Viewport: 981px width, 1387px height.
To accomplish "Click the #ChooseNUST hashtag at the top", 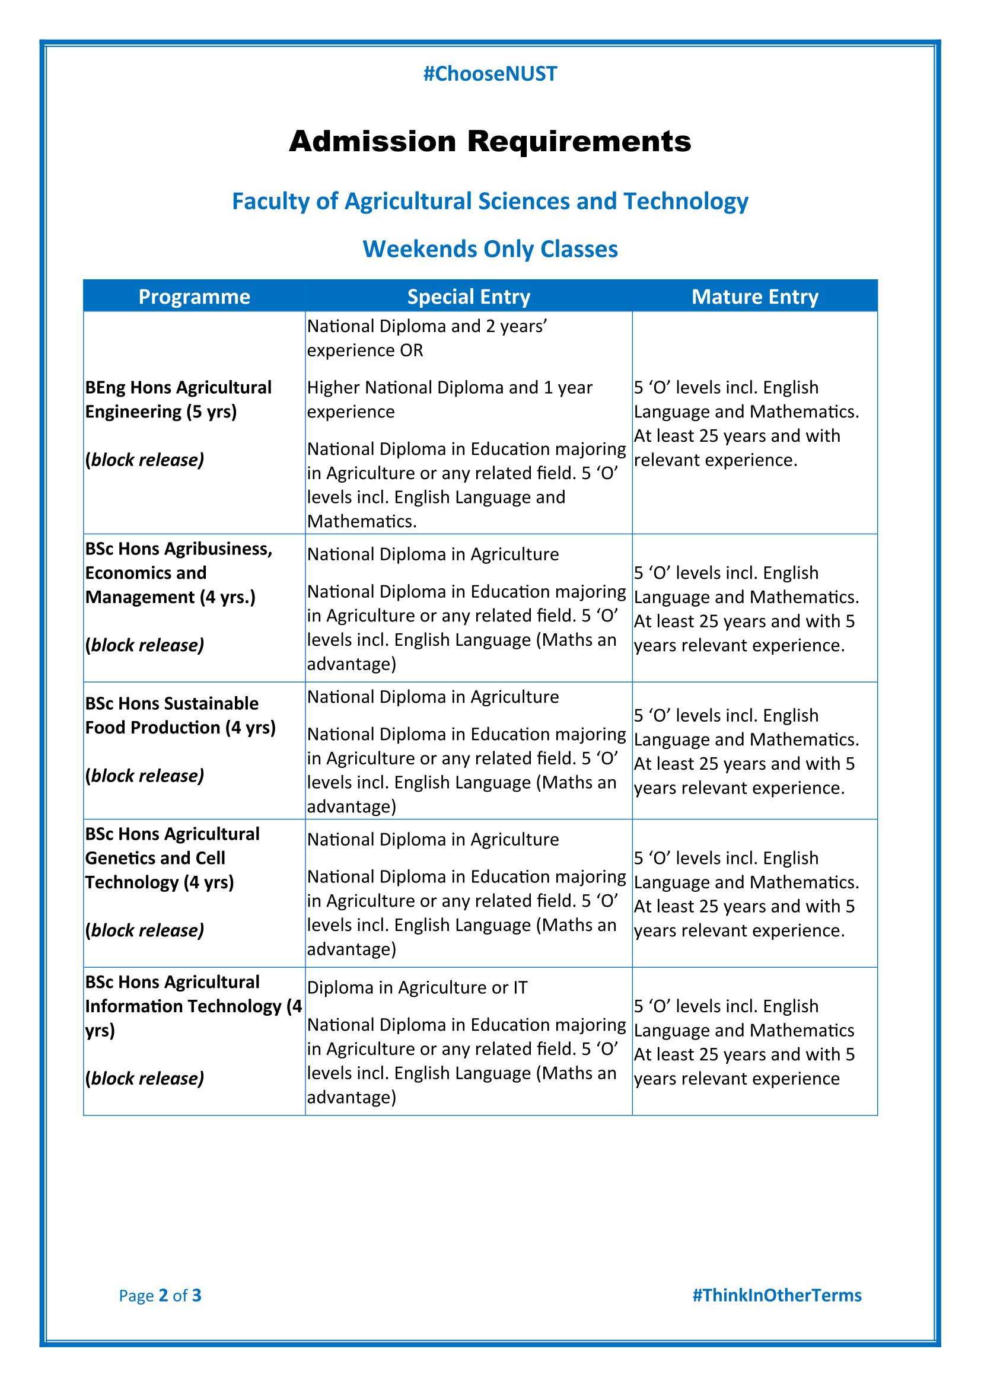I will click(x=490, y=74).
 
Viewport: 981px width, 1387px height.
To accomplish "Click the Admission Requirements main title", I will click(x=490, y=141).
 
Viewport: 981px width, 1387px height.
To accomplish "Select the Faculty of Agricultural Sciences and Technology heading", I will click(x=490, y=201).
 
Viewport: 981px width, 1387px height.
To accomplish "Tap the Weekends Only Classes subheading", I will click(x=490, y=249).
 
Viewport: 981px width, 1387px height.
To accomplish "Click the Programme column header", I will click(x=194, y=296).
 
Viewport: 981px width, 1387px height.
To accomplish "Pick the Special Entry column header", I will click(x=468, y=296).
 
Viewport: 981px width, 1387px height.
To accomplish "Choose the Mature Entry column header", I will click(x=754, y=296).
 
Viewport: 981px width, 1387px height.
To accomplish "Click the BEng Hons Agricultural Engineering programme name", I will click(x=178, y=399).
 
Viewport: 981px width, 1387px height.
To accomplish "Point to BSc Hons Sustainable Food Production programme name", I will click(x=180, y=715).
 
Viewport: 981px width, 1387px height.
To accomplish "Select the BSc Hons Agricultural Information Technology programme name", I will click(x=193, y=1006).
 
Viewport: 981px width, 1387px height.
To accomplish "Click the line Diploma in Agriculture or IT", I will click(x=418, y=988).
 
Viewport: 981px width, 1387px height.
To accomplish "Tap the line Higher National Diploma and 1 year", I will click(x=450, y=387).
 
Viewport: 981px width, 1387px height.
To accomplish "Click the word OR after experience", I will click(x=412, y=350).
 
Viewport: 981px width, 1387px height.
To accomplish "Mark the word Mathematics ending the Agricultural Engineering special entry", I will click(x=361, y=521).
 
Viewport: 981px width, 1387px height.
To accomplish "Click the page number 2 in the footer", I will click(x=163, y=1295).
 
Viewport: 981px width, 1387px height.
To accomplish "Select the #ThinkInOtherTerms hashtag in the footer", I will click(x=777, y=1295).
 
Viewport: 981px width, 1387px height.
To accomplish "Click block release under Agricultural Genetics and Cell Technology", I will click(x=145, y=930).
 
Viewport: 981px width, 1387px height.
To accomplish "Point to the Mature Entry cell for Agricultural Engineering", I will click(x=746, y=423).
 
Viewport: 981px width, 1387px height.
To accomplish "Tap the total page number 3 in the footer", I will click(x=196, y=1295).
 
